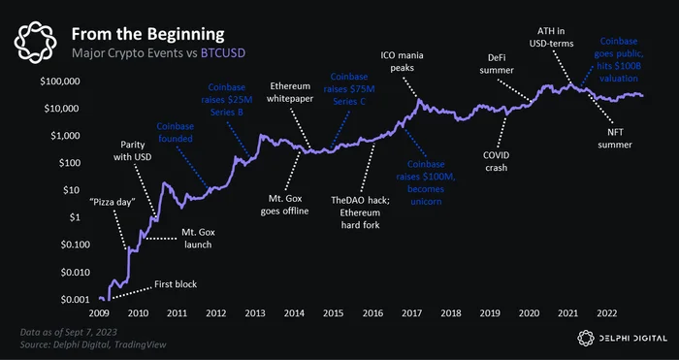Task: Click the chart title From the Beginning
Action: tap(147, 34)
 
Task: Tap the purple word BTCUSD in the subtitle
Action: tap(223, 53)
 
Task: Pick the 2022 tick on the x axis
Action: tap(606, 312)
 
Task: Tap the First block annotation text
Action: tap(176, 284)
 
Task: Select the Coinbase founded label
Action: tap(175, 133)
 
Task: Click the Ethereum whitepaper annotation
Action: tap(290, 92)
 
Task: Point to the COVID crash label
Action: tap(496, 161)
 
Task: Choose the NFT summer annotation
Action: tap(614, 138)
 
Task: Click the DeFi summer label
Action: tap(497, 64)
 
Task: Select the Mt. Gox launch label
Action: tap(198, 239)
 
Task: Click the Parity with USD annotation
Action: tap(133, 150)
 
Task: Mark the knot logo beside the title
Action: tap(35, 43)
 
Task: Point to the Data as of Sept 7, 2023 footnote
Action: tap(69, 332)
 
